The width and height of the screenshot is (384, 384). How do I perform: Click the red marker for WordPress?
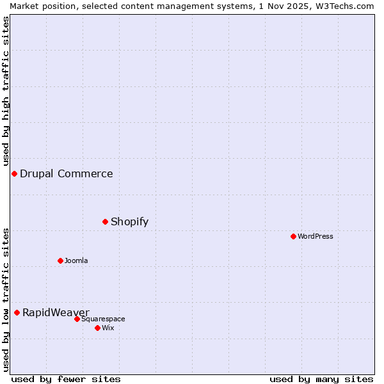tap(293, 236)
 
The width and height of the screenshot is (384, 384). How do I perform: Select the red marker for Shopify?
tap(106, 221)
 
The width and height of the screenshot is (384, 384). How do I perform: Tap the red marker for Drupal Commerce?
tap(14, 173)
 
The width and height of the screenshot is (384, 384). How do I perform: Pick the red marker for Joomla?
tap(61, 260)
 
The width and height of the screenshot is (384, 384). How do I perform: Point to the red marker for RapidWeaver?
tap(17, 312)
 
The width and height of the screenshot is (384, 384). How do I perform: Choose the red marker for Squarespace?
tap(77, 319)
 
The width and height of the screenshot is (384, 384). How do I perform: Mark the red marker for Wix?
tap(97, 328)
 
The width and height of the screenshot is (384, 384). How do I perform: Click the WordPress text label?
tap(316, 236)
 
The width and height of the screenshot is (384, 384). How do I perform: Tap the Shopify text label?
tap(129, 221)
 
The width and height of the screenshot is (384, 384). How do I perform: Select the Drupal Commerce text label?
tap(67, 173)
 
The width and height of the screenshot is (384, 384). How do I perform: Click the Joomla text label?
tap(76, 260)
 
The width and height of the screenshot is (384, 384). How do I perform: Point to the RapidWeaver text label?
tap(56, 312)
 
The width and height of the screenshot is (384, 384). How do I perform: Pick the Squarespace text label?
tap(103, 319)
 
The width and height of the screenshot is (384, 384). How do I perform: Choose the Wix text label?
tap(108, 328)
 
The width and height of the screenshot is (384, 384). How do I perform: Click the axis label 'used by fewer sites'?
tap(66, 379)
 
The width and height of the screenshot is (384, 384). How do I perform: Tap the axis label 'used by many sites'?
tap(321, 379)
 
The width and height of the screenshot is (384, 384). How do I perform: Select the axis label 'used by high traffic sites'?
tap(6, 91)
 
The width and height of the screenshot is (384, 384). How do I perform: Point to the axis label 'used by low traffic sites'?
tap(6, 300)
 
